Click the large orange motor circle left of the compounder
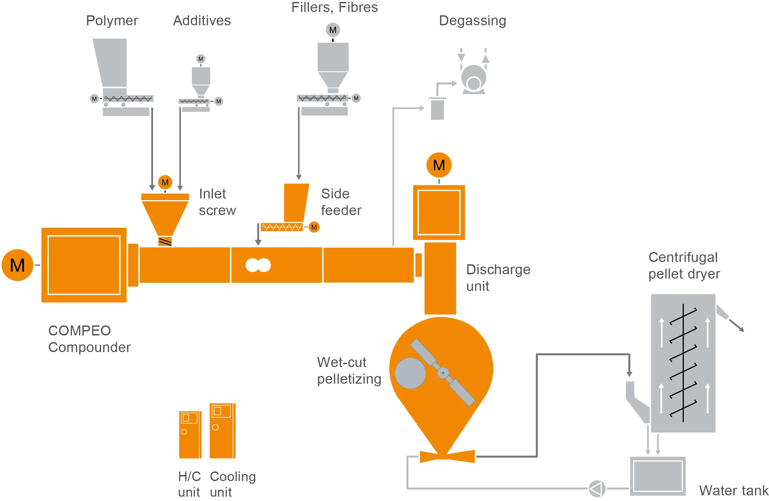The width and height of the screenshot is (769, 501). point(18,265)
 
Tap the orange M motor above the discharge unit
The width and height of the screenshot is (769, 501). point(439,165)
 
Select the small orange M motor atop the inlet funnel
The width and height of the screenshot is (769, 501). point(165,182)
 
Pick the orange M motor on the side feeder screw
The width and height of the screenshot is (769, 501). point(314,227)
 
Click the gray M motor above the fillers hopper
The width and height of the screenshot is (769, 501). point(333,30)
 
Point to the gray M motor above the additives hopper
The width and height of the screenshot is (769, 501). point(201,59)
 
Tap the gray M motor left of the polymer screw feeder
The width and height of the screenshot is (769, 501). point(94,99)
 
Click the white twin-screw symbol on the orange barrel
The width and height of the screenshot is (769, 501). point(258,265)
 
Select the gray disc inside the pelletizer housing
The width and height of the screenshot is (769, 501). point(410,373)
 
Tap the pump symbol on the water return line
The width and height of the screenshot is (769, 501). point(597,489)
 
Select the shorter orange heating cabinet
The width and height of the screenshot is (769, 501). point(190,435)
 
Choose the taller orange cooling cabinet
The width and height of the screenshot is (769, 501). point(222,431)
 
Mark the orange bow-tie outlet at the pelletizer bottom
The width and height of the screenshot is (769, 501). point(447,456)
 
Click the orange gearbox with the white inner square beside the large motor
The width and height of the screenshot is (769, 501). point(84,265)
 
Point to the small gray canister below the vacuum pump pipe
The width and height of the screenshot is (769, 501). point(437,109)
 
